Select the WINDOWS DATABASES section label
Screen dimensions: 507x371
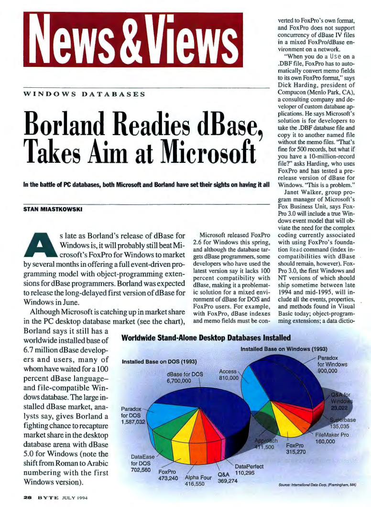[x=84, y=94]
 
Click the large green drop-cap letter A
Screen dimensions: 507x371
[x=44, y=244]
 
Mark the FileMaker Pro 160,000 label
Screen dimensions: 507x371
[x=334, y=438]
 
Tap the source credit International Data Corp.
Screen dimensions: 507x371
[x=317, y=485]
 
